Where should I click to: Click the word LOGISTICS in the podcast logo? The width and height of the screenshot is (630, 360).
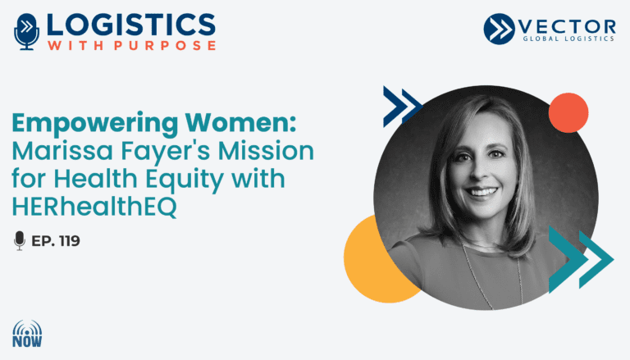point(131,25)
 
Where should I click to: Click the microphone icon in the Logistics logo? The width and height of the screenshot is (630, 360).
point(27,31)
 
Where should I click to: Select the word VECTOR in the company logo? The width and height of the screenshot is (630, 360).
point(567,26)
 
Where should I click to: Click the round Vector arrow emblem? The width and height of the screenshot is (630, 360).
point(499,29)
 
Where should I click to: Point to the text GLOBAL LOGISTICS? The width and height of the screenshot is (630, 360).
point(568,39)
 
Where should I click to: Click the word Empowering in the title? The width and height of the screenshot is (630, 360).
point(95,123)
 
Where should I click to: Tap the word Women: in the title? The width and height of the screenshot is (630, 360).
point(240,122)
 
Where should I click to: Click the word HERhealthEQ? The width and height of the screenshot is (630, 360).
point(94,207)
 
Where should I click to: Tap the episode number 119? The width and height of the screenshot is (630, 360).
point(69,241)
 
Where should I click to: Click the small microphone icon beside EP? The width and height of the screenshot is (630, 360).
point(20,240)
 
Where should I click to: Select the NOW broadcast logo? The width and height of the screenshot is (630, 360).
point(27,333)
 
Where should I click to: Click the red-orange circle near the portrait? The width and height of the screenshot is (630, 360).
point(568,113)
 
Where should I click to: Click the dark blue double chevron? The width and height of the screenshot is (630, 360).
point(402,107)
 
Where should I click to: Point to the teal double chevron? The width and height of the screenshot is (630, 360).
point(581,260)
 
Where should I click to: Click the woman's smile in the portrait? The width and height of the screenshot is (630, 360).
point(482,192)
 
